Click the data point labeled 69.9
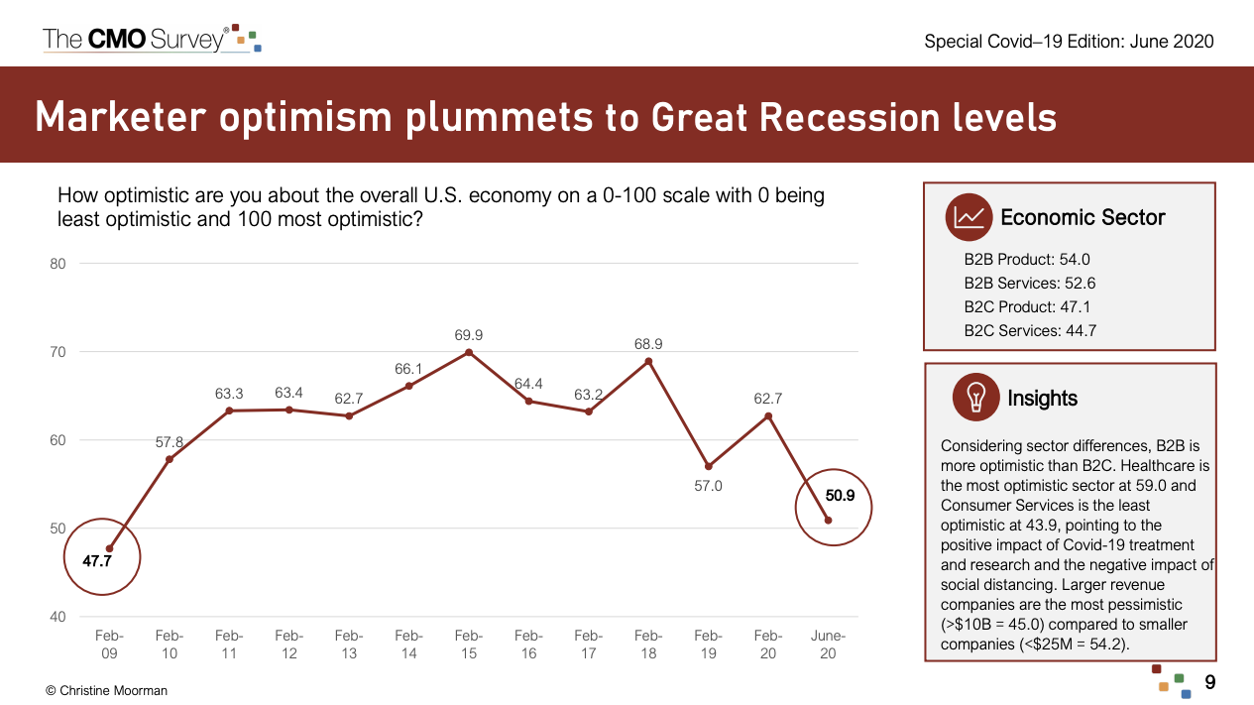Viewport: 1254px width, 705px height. click(x=469, y=352)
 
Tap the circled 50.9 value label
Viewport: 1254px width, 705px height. click(x=833, y=493)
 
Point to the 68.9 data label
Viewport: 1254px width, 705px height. click(x=648, y=344)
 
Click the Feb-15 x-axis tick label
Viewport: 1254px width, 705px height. click(x=469, y=645)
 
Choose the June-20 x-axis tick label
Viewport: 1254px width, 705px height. click(x=829, y=645)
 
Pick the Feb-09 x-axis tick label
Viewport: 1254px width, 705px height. click(x=109, y=645)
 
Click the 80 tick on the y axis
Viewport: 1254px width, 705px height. click(x=57, y=264)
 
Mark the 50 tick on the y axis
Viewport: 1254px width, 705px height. click(x=57, y=529)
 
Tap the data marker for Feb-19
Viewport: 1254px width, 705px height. click(x=708, y=466)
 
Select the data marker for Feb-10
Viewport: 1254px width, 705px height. click(x=170, y=459)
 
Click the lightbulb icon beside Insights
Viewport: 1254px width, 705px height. click(x=975, y=398)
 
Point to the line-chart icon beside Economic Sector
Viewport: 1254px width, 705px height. click(x=969, y=217)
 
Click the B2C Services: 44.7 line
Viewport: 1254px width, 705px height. click(x=1030, y=331)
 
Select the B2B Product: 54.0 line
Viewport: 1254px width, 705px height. click(x=1027, y=260)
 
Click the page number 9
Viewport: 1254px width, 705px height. click(x=1209, y=682)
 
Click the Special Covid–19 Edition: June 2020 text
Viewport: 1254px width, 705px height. click(x=1069, y=42)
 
